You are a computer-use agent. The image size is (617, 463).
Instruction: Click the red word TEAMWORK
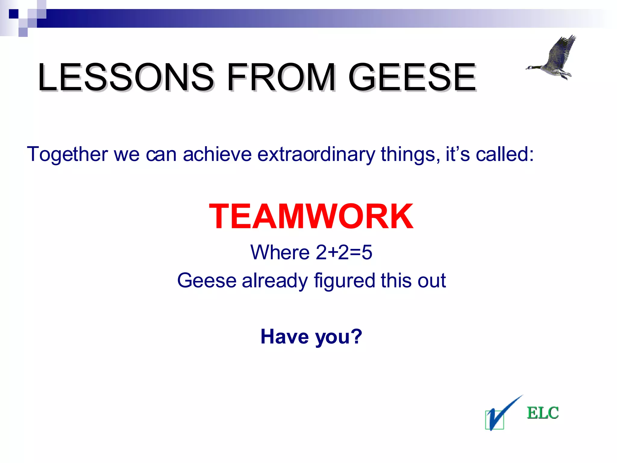(311, 216)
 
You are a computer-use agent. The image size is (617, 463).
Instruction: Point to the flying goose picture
(553, 59)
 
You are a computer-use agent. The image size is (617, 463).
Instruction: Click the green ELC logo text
(543, 413)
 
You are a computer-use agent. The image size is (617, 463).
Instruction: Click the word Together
(67, 154)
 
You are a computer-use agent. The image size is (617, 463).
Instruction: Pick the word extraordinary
(316, 154)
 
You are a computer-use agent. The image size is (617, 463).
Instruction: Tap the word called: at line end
(505, 154)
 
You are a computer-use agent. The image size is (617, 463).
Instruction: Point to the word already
(274, 281)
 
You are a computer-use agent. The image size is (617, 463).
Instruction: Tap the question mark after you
(357, 336)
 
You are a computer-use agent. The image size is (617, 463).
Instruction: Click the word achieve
(217, 154)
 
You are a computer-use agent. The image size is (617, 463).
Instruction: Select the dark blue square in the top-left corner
(14, 14)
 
